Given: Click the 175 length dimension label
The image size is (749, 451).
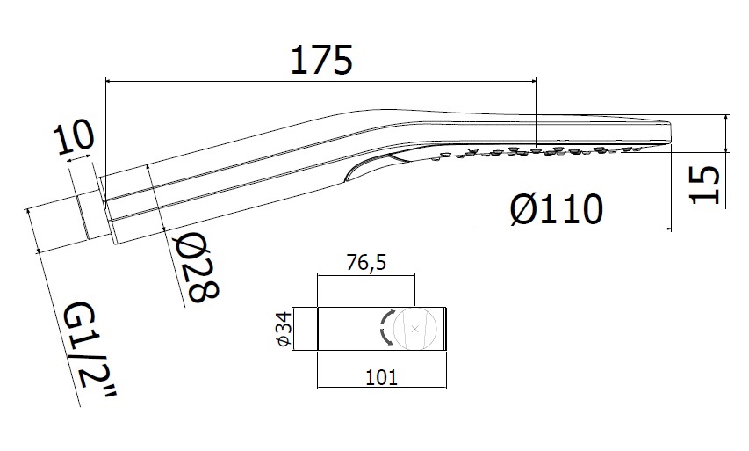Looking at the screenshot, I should (320, 59).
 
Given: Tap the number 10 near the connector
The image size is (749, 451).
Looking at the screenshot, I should (73, 138).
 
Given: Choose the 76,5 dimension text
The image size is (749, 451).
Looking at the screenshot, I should (365, 264).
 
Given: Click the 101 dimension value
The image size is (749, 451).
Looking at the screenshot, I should (380, 377).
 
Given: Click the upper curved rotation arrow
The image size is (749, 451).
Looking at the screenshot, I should (386, 318).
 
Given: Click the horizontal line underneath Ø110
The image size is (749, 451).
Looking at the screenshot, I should (571, 229).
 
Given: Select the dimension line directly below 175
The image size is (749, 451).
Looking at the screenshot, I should (320, 82).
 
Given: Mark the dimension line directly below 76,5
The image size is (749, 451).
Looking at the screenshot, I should (365, 276).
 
